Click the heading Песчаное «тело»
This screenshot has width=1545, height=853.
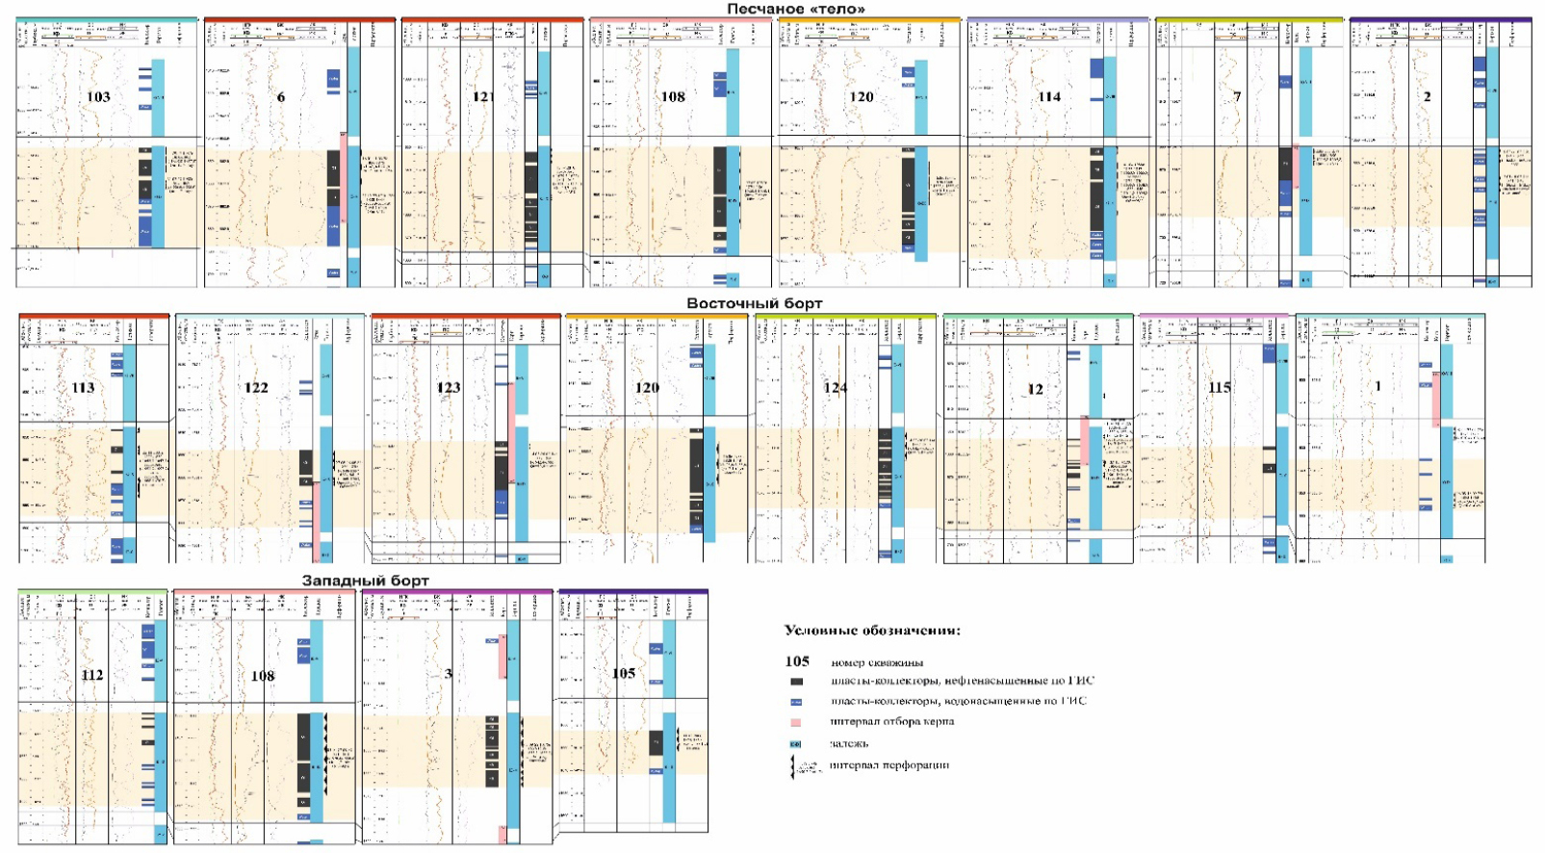[x=795, y=9]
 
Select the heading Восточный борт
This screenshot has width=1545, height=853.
[x=754, y=303]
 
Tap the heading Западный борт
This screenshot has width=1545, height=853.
[x=365, y=581]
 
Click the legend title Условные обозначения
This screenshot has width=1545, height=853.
[x=872, y=631]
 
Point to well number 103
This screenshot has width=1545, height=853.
[x=98, y=97]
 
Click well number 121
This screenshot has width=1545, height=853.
[x=482, y=97]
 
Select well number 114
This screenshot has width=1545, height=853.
[x=1049, y=97]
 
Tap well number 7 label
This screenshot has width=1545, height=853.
[x=1237, y=97]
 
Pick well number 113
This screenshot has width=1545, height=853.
[x=83, y=388]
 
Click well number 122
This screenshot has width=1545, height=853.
[x=256, y=388]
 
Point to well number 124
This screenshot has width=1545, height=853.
[x=835, y=388]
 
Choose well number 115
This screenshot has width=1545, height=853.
[x=1220, y=388]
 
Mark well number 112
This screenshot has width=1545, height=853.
[x=92, y=675]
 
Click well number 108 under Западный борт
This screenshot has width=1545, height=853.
[x=263, y=676]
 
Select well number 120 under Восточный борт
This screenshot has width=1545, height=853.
[x=647, y=388]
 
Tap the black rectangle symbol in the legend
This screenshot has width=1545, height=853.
[x=796, y=682]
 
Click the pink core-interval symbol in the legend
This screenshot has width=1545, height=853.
[x=796, y=722]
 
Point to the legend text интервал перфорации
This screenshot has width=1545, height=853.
[x=888, y=765]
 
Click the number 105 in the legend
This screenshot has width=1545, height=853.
[x=797, y=661]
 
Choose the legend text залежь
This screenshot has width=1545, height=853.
[x=849, y=743]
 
